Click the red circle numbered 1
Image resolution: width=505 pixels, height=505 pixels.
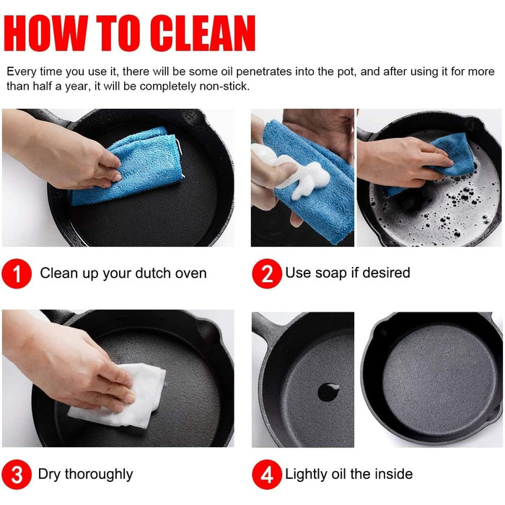[x=17, y=273]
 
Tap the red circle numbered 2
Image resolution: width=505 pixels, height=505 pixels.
[x=267, y=273]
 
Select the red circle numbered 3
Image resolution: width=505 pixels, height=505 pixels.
[x=17, y=475]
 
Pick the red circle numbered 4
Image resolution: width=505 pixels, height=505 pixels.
[x=267, y=475]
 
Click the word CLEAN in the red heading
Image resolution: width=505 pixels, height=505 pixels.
[x=203, y=33]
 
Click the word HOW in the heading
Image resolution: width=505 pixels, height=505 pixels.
[x=45, y=33]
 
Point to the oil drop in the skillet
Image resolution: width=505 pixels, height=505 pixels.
[x=328, y=392]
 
